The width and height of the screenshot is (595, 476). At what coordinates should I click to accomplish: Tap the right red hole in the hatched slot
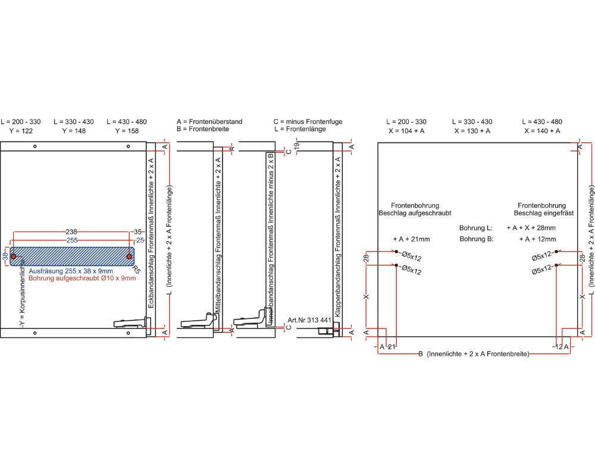(x=129, y=256)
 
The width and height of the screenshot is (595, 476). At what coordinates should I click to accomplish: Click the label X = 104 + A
(x=406, y=130)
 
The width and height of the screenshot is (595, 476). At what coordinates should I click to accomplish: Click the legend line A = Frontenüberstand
(x=209, y=121)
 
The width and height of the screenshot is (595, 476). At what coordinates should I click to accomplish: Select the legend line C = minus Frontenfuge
(x=308, y=121)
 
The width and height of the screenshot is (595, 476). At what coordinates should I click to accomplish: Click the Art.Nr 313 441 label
(x=309, y=320)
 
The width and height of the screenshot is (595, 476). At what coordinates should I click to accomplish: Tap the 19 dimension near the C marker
(x=296, y=145)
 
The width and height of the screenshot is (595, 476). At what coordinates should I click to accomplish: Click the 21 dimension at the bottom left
(x=392, y=346)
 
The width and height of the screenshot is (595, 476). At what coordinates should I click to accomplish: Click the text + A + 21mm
(x=411, y=239)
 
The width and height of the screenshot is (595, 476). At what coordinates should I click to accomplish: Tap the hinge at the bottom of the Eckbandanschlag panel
(x=131, y=323)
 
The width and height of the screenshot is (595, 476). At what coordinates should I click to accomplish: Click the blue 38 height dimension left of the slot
(x=5, y=256)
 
